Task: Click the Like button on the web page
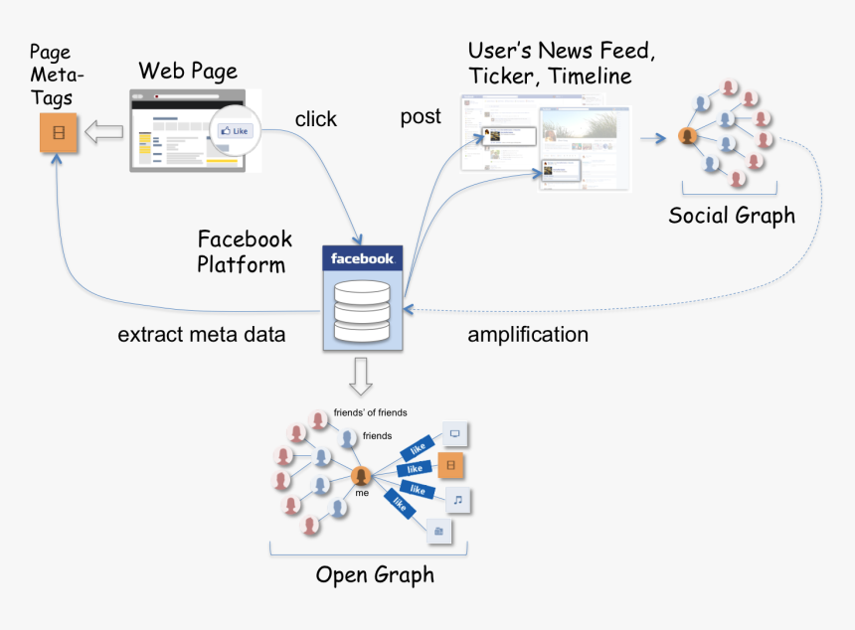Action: (235, 131)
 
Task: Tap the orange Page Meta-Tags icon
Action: (59, 132)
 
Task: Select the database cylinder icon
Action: (363, 311)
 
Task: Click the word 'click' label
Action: (316, 119)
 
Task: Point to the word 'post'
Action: (421, 117)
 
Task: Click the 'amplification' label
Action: (528, 335)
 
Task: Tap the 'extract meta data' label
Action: (202, 335)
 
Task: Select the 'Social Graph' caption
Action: (732, 216)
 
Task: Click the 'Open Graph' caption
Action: (375, 575)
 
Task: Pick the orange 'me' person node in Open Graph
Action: (361, 476)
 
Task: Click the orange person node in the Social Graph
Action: (686, 137)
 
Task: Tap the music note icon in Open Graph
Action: (456, 499)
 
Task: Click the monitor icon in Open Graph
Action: (455, 434)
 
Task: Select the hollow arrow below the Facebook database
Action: (362, 374)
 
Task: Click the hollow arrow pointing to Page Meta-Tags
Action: (103, 130)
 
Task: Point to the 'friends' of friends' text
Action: (370, 412)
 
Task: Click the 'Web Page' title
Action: (188, 71)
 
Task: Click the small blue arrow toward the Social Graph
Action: (652, 137)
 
